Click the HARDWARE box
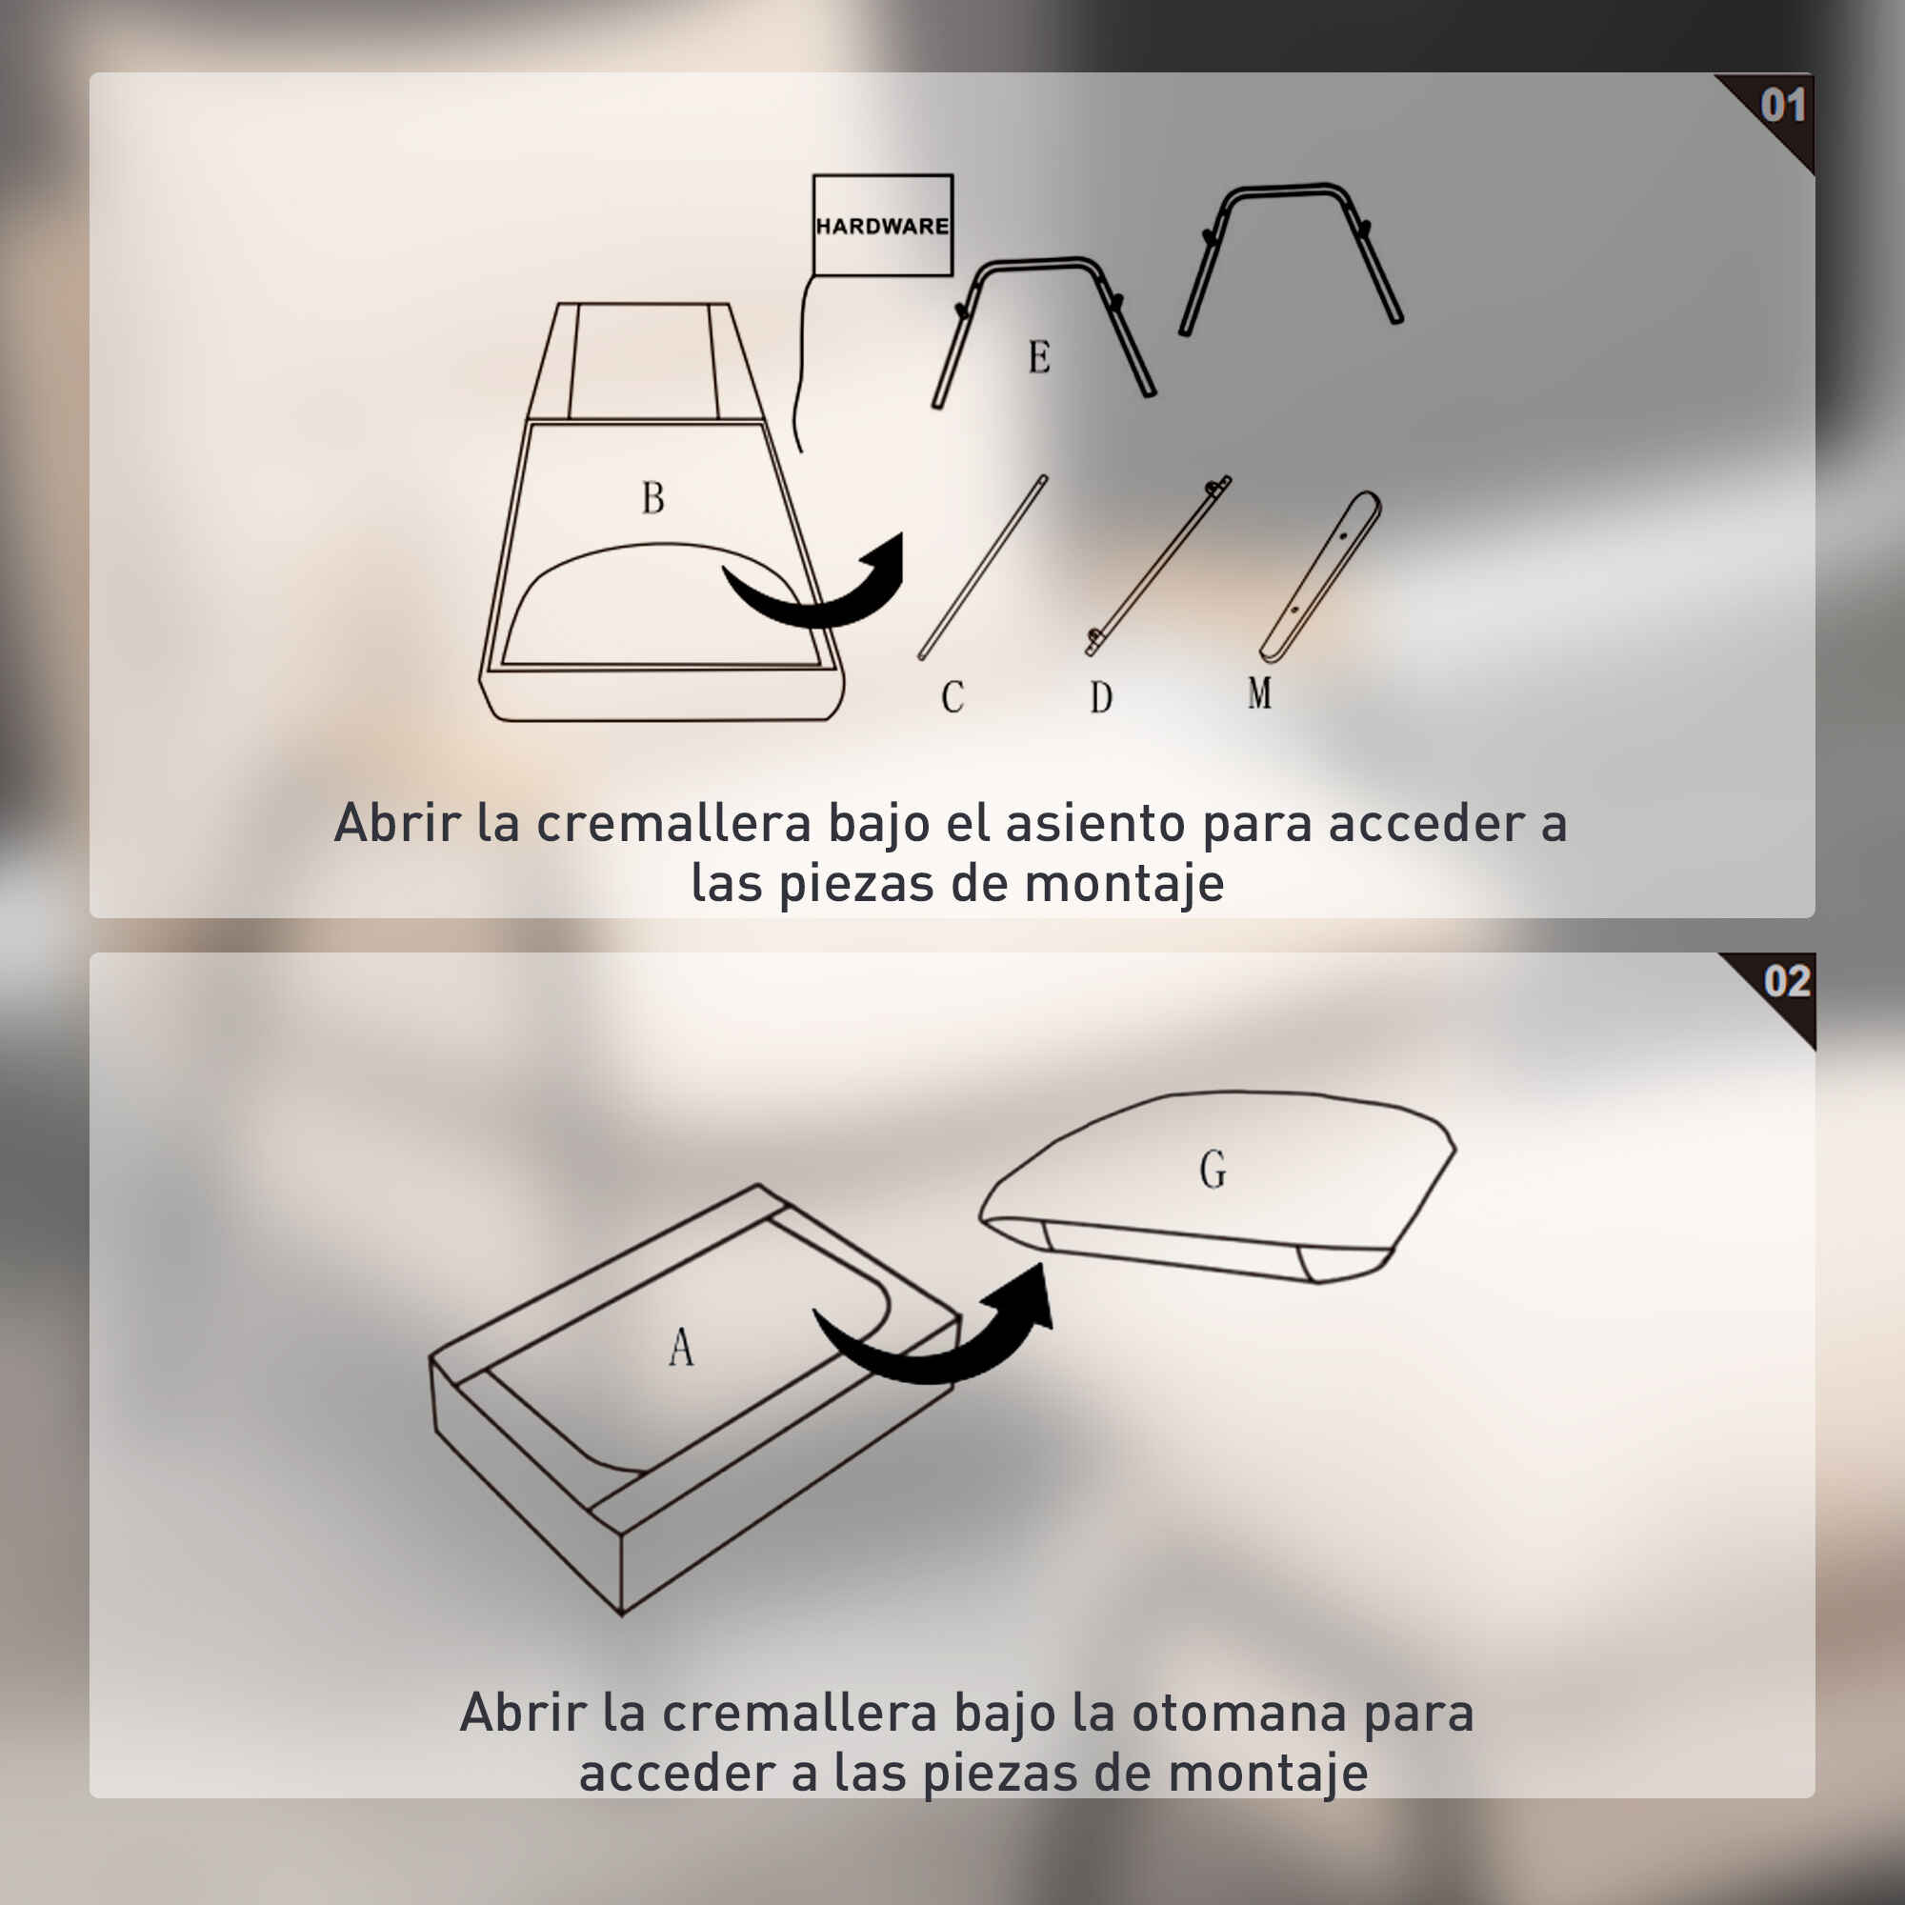coord(883,226)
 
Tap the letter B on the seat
coord(652,497)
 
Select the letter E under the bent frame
coord(1039,356)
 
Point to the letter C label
coord(952,697)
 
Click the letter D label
coord(1101,697)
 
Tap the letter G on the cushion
coord(1213,1171)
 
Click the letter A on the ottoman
coord(681,1346)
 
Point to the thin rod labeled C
coord(983,567)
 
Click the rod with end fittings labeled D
coord(1158,566)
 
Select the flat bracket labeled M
coord(1321,577)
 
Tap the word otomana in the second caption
coord(1238,1714)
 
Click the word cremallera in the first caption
coord(673,823)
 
